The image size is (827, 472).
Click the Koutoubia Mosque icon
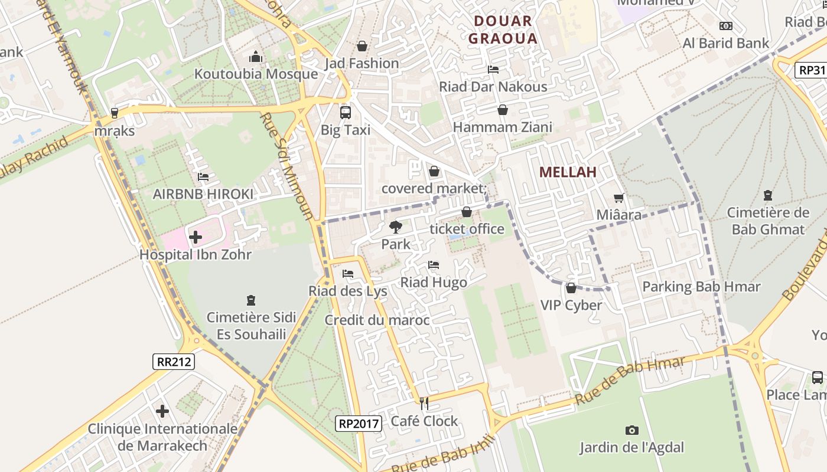(x=256, y=57)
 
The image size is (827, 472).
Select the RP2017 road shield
(x=359, y=423)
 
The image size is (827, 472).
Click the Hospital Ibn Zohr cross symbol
(x=196, y=238)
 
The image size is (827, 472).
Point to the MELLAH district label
(x=568, y=172)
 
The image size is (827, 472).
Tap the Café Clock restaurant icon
(x=424, y=404)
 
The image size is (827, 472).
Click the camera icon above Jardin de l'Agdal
(x=631, y=431)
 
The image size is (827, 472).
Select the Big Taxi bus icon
(x=345, y=112)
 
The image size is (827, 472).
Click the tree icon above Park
(x=396, y=227)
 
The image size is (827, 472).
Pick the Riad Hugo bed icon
(x=434, y=265)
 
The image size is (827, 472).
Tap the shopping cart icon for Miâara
(x=618, y=198)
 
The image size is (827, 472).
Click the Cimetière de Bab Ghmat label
(x=767, y=221)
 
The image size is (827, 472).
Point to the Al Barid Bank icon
(x=725, y=26)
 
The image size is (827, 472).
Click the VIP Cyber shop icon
(x=571, y=288)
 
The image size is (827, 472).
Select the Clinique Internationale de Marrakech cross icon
(x=162, y=411)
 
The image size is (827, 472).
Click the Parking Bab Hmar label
(x=701, y=287)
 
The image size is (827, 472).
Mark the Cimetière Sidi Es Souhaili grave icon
(x=250, y=300)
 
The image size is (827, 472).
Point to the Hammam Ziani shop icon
(x=502, y=110)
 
